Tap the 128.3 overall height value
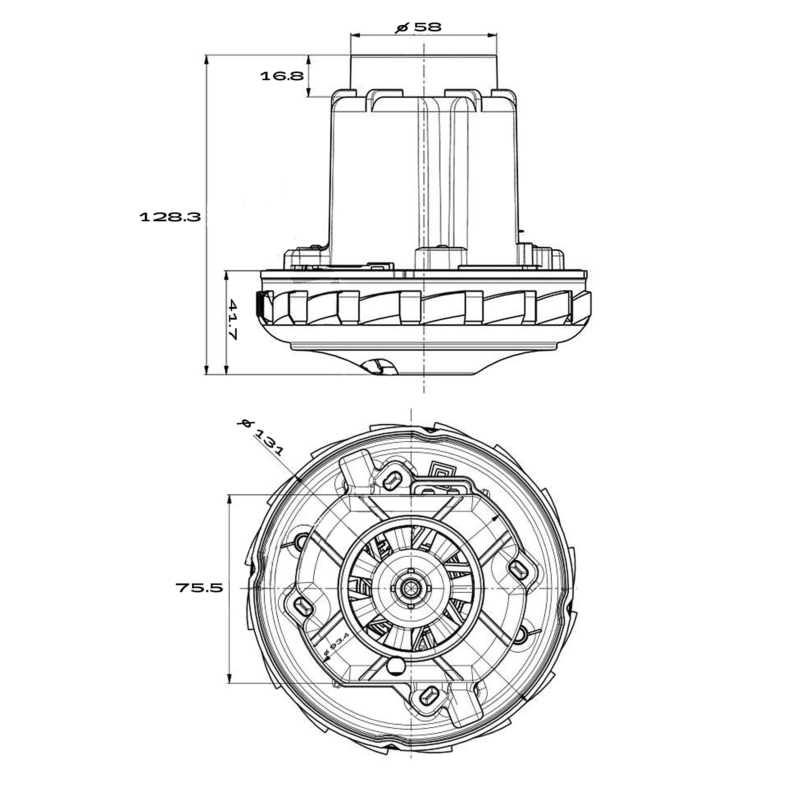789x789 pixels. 170,217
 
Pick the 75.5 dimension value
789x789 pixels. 199,588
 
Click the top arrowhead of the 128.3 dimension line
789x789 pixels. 206,59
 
